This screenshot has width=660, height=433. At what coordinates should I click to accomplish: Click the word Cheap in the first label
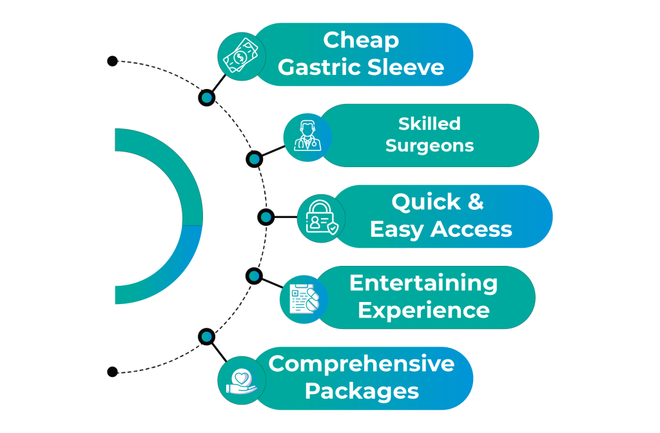(x=361, y=40)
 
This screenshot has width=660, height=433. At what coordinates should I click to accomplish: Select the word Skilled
(x=429, y=123)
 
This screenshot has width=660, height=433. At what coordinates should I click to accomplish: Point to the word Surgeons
(x=429, y=146)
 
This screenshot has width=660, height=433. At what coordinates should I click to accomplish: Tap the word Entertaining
(x=423, y=283)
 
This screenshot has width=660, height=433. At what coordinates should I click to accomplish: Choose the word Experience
(x=423, y=310)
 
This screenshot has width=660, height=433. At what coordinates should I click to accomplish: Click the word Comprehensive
(x=362, y=363)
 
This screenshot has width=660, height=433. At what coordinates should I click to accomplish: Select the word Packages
(x=362, y=391)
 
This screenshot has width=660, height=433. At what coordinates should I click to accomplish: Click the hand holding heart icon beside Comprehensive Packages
(x=241, y=380)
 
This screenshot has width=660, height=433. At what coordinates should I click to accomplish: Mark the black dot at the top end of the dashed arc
(x=112, y=61)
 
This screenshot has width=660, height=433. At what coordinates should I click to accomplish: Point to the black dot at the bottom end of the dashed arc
(x=112, y=372)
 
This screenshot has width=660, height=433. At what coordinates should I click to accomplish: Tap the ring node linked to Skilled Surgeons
(x=255, y=159)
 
